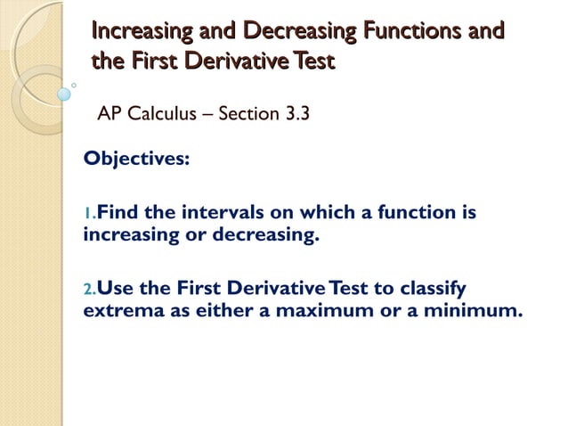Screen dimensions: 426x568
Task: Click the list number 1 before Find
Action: [x=87, y=215]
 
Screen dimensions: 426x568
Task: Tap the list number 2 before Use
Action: [x=87, y=289]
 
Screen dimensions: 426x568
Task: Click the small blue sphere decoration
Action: [x=64, y=93]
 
